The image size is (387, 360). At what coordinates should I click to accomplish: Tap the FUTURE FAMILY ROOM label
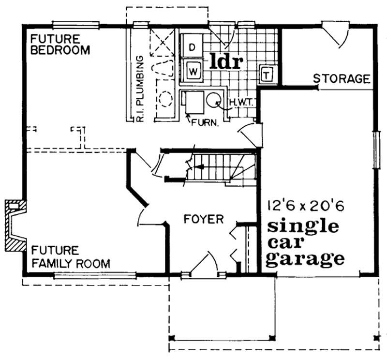(71, 257)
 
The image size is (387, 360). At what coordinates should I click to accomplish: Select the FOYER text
(204, 219)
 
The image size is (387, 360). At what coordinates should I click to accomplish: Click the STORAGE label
(342, 78)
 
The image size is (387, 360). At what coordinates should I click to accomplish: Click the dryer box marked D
(192, 48)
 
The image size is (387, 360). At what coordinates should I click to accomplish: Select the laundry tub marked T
(267, 75)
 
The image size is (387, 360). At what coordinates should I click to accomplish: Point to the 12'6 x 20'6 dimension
(305, 206)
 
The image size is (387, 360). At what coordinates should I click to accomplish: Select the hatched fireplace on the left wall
(15, 225)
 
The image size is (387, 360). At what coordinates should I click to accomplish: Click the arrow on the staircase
(203, 168)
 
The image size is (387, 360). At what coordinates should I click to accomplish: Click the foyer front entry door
(203, 266)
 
